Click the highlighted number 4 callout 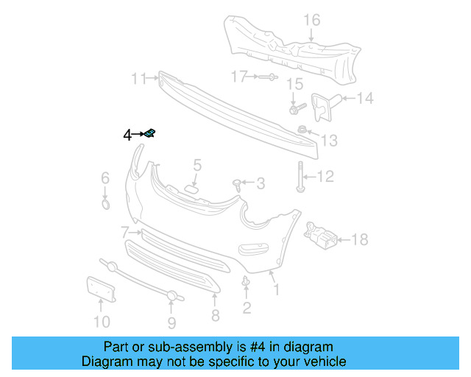127,135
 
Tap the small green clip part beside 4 149,133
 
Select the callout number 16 313,19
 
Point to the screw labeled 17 268,77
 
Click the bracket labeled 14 322,105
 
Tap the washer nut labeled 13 302,131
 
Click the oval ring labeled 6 105,202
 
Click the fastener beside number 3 238,183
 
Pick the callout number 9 171,323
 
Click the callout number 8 215,316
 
